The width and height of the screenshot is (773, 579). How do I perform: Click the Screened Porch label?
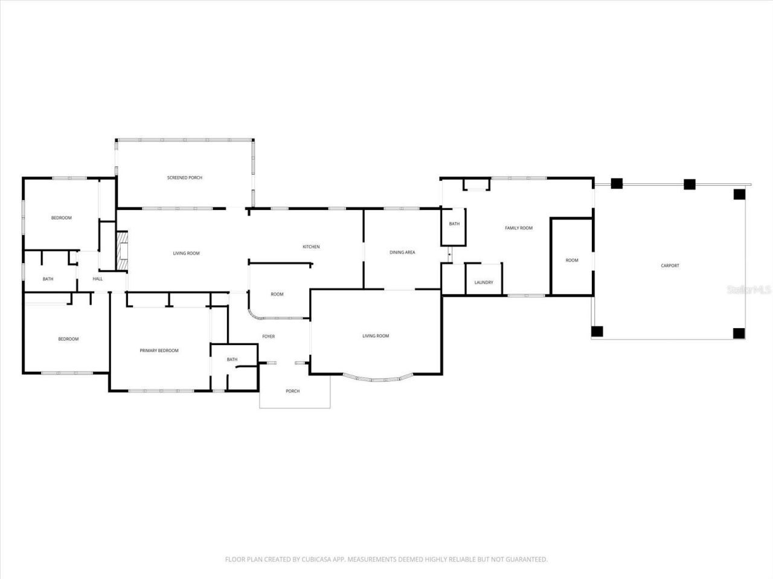[184, 178]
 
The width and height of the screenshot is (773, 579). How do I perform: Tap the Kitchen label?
[311, 247]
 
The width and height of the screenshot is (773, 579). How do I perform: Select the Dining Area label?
[402, 253]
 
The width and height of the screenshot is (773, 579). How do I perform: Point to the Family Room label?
[519, 228]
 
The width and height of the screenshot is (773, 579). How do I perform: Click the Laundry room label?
[484, 282]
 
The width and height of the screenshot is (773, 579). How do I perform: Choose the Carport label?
[670, 266]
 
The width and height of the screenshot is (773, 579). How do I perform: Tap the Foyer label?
[269, 337]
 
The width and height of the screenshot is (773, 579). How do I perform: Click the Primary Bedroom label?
[159, 350]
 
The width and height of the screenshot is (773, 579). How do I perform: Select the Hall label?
[98, 279]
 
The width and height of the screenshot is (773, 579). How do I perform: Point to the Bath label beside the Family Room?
[454, 224]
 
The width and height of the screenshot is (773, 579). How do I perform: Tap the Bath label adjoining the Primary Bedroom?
[233, 360]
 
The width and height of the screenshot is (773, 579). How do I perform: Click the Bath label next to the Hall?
[48, 279]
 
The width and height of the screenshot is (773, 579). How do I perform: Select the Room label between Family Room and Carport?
[572, 261]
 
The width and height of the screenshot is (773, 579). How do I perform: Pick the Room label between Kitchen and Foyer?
[277, 294]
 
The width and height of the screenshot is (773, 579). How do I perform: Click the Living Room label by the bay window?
[376, 336]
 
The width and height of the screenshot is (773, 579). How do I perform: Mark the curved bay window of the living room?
[378, 379]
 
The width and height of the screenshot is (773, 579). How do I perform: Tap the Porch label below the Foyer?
[293, 391]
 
